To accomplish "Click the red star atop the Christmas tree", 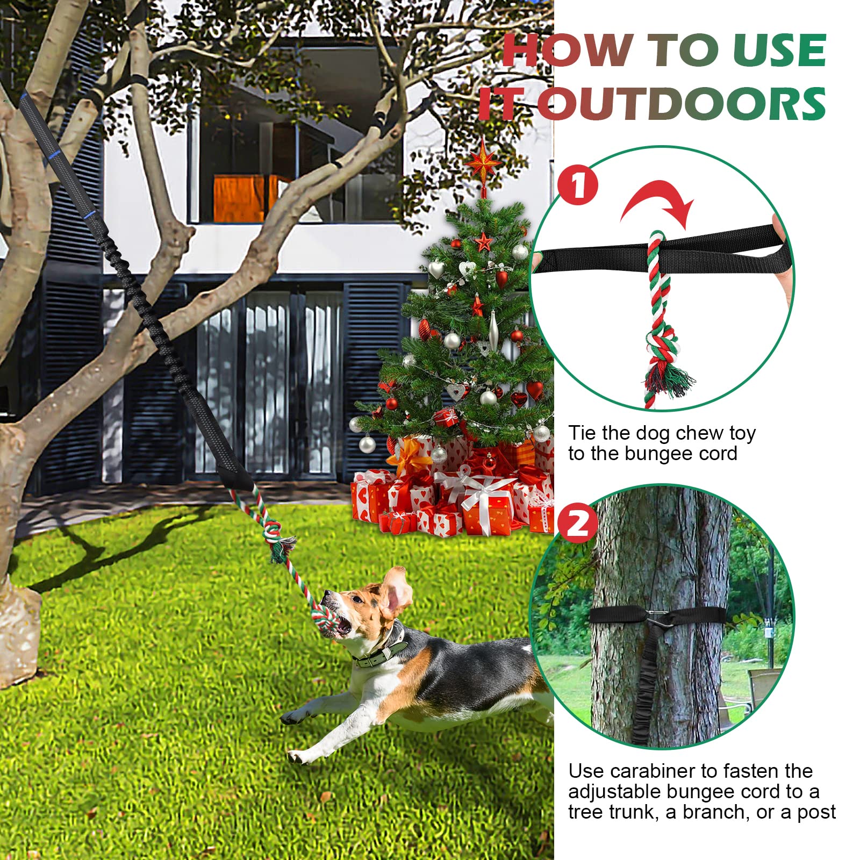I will click(x=483, y=162).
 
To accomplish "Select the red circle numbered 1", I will click(x=577, y=185).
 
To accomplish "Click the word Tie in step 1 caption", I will click(x=582, y=433).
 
